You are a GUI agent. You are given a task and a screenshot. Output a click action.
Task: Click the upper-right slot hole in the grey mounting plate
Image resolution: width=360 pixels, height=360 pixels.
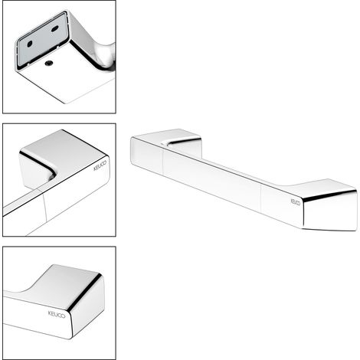coord(55,28)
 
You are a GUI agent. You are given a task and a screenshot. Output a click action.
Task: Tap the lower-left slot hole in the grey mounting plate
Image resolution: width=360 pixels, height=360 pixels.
coord(30,44)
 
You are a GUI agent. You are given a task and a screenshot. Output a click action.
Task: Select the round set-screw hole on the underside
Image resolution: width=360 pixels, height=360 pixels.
coord(49,63)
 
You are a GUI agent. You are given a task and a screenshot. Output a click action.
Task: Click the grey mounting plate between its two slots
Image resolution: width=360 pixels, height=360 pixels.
coord(43,37)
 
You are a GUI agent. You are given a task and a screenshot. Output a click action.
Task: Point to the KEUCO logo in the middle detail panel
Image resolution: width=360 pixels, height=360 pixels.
coord(100,165)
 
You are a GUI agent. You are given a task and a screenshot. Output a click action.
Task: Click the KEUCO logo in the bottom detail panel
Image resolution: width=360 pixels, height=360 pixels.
coord(57,314)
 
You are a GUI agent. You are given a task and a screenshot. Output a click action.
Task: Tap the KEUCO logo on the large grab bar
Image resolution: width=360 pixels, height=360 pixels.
coord(296,201)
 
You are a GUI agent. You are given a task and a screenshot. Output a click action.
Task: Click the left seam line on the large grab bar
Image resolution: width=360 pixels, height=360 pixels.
coord(163,162)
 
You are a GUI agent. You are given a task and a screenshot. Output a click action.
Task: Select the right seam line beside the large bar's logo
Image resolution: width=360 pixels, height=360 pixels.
coord(261,199)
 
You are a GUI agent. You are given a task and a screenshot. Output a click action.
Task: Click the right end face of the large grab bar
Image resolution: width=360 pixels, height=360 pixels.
coord(331,211)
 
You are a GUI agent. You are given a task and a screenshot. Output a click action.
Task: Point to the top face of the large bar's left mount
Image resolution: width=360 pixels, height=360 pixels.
coord(166,136)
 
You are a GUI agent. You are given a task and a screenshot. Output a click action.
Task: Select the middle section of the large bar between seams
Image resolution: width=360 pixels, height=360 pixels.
coord(212,181)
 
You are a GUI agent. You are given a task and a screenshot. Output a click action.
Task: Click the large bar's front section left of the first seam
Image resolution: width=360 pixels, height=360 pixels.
coord(147,156)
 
